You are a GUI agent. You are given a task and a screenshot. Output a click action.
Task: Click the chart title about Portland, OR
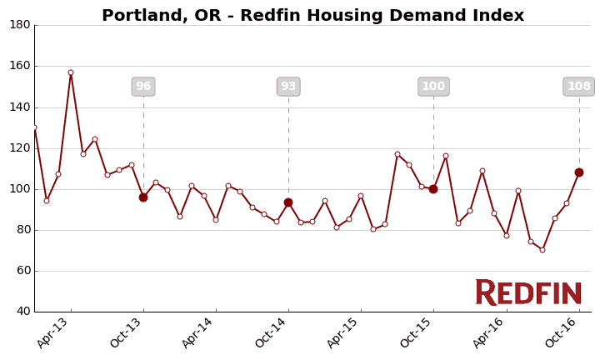pyautogui.click(x=312, y=16)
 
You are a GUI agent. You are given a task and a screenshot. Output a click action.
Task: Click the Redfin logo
pyautogui.click(x=528, y=292)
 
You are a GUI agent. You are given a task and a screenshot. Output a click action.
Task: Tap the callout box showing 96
pyautogui.click(x=143, y=87)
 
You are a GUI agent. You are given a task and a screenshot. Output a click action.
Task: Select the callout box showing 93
pyautogui.click(x=288, y=87)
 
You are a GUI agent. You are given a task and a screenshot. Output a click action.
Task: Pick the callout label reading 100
pyautogui.click(x=433, y=87)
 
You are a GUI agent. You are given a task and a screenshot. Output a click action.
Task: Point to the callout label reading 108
pyautogui.click(x=579, y=87)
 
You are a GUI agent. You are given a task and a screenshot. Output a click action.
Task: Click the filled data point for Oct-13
pyautogui.click(x=143, y=197)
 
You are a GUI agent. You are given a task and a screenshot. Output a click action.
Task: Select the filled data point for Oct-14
pyautogui.click(x=288, y=202)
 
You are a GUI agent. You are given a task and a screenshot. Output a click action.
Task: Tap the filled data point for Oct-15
pyautogui.click(x=433, y=189)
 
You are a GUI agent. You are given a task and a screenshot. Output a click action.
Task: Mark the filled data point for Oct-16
pyautogui.click(x=579, y=172)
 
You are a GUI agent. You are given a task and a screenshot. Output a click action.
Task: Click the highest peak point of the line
pyautogui.click(x=71, y=72)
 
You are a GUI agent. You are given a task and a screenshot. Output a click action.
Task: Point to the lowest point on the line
pyautogui.click(x=542, y=250)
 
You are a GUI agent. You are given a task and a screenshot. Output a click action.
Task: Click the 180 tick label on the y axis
pyautogui.click(x=20, y=25)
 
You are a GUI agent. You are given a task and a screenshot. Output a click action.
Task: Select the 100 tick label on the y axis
pyautogui.click(x=20, y=189)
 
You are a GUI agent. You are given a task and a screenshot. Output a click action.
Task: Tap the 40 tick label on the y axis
pyautogui.click(x=22, y=312)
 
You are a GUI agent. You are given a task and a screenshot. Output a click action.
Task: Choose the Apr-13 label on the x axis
pyautogui.click(x=54, y=332)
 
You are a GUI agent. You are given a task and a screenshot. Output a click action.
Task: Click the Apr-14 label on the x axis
pyautogui.click(x=199, y=332)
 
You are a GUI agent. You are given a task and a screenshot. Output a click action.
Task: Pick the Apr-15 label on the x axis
pyautogui.click(x=344, y=332)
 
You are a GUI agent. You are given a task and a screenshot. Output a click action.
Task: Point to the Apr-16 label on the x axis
pyautogui.click(x=489, y=332)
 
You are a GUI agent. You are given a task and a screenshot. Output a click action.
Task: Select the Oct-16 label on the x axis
pyautogui.click(x=562, y=332)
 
